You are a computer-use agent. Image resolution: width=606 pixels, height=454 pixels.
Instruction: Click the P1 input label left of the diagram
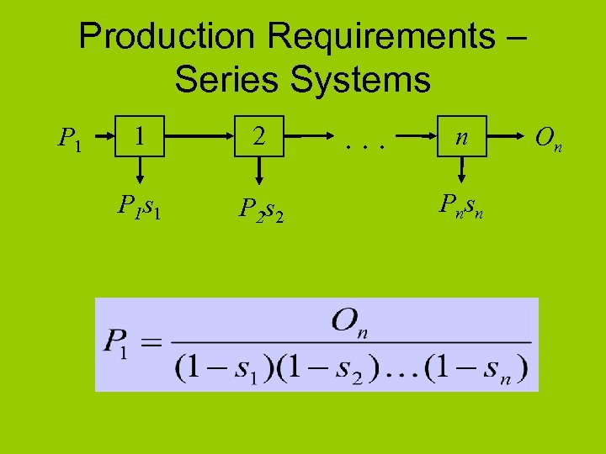tap(69, 136)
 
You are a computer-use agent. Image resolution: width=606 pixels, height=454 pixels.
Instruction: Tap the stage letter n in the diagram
tap(460, 135)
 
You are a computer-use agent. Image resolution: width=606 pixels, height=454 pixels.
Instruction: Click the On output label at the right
tap(549, 137)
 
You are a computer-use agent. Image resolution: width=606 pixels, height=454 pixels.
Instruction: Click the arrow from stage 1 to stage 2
tap(198, 134)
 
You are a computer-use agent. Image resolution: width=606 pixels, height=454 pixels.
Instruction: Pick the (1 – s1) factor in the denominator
tap(223, 367)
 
